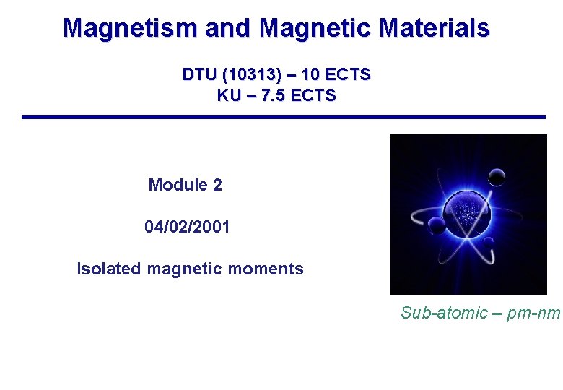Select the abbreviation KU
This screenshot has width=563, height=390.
pos(230,95)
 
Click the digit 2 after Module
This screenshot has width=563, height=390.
pos(217,185)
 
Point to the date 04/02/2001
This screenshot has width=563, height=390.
pos(187,227)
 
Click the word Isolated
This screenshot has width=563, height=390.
pos(109,269)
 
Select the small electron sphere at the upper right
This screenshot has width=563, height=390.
pos(497,176)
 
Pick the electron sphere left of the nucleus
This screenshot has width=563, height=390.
pos(436,225)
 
